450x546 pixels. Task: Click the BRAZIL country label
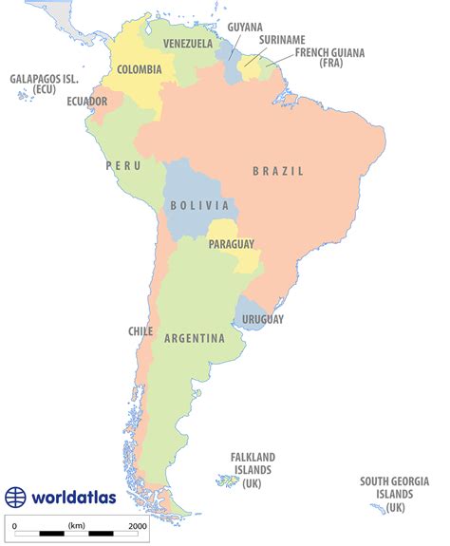(x=278, y=172)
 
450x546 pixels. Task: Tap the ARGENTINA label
(x=194, y=339)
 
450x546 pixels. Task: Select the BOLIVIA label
(x=199, y=205)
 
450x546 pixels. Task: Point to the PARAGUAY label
(x=231, y=244)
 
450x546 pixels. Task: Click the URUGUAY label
(x=263, y=320)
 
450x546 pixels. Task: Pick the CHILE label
(x=141, y=331)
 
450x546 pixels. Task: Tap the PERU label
(x=123, y=165)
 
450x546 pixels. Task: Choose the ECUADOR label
(x=86, y=102)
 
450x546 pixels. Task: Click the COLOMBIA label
(x=139, y=68)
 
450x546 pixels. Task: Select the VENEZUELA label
(x=187, y=44)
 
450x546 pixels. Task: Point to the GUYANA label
(x=245, y=28)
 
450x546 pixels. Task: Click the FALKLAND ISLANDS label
(x=253, y=469)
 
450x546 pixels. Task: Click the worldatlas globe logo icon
(x=16, y=498)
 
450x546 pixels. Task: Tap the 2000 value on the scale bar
(x=137, y=525)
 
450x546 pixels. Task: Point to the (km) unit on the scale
(x=77, y=525)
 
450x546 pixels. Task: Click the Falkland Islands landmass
(x=228, y=481)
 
